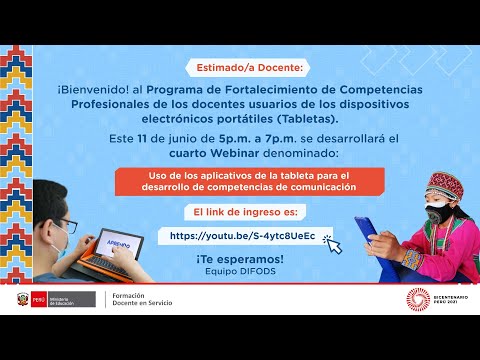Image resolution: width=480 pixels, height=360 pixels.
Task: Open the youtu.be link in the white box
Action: click(x=243, y=236)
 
